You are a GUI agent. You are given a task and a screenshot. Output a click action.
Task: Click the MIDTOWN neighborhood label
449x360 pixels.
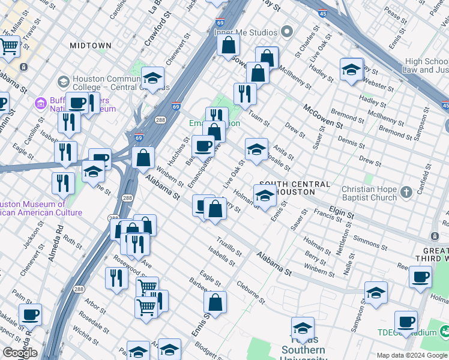coord(91,45)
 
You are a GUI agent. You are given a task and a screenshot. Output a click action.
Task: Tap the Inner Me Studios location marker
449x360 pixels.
coord(288,32)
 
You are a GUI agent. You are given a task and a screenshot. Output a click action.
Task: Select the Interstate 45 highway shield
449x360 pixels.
coord(323,12)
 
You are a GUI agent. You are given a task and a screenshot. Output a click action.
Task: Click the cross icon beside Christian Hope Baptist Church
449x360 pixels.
coord(406,193)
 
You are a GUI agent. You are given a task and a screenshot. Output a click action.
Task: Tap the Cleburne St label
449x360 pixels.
coord(250,292)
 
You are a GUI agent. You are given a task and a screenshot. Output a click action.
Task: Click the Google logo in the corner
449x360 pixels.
coord(20,353)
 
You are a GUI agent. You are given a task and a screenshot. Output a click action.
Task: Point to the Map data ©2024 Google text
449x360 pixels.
coord(412,355)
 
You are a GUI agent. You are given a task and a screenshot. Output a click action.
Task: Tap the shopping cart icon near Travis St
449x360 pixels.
coord(8,46)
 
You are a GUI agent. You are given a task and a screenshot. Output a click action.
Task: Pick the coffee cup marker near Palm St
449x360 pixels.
coord(30,314)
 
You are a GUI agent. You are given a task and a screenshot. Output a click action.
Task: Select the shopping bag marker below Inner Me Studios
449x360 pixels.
coord(229,44)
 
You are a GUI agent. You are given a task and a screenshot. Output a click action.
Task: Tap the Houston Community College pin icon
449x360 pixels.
coord(63,81)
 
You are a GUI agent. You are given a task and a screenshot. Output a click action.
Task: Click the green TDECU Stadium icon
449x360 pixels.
coord(444,331)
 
